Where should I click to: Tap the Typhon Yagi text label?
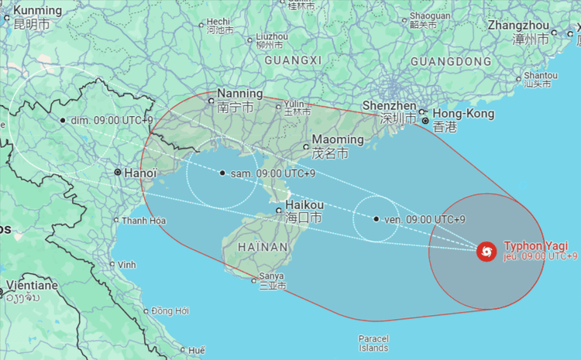pyautogui.click(x=530, y=245)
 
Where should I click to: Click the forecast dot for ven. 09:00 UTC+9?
pyautogui.click(x=376, y=219)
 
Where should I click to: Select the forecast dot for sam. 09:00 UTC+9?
pyautogui.click(x=222, y=173)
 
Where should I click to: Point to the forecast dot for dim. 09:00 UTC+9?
pyautogui.click(x=63, y=120)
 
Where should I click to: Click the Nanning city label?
pyautogui.click(x=239, y=94)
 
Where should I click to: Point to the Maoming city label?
pyautogui.click(x=337, y=140)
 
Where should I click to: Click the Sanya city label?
pyautogui.click(x=271, y=276)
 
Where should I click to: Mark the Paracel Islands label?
pyautogui.click(x=373, y=343)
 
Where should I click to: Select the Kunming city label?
pyautogui.click(x=36, y=11)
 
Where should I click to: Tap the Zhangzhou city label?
pyautogui.click(x=518, y=26)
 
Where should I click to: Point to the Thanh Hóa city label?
pyautogui.click(x=143, y=221)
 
